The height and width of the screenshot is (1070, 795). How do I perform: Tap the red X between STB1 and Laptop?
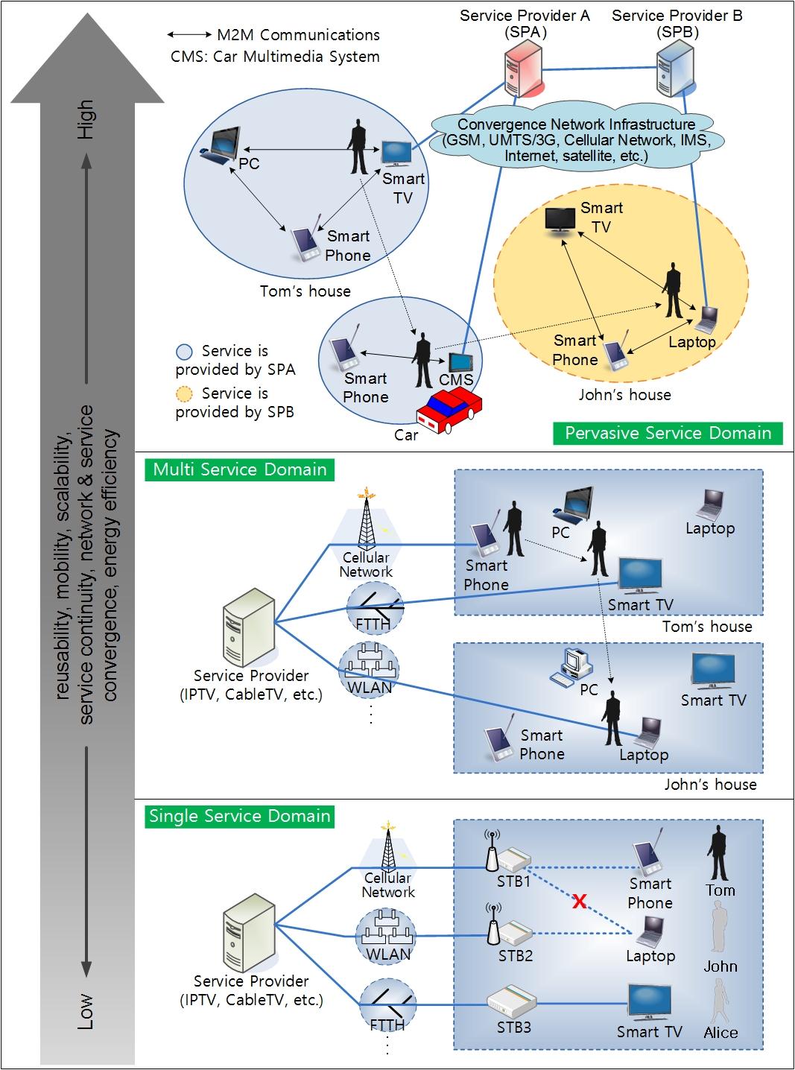click(579, 902)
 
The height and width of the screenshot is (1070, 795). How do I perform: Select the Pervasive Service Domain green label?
click(668, 434)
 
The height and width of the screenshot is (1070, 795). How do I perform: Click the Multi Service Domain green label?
click(240, 469)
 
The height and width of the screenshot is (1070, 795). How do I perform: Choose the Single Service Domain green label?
click(240, 816)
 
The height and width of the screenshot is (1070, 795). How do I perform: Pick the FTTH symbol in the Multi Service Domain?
click(374, 607)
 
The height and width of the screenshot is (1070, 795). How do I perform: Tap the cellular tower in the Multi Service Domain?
click(366, 520)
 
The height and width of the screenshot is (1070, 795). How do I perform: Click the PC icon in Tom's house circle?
click(221, 145)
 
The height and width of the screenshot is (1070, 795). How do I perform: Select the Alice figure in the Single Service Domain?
click(720, 1001)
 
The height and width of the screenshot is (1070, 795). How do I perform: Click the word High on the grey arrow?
click(86, 119)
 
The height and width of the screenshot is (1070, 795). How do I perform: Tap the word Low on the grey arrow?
click(86, 1011)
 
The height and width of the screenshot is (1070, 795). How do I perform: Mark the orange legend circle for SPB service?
click(184, 394)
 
